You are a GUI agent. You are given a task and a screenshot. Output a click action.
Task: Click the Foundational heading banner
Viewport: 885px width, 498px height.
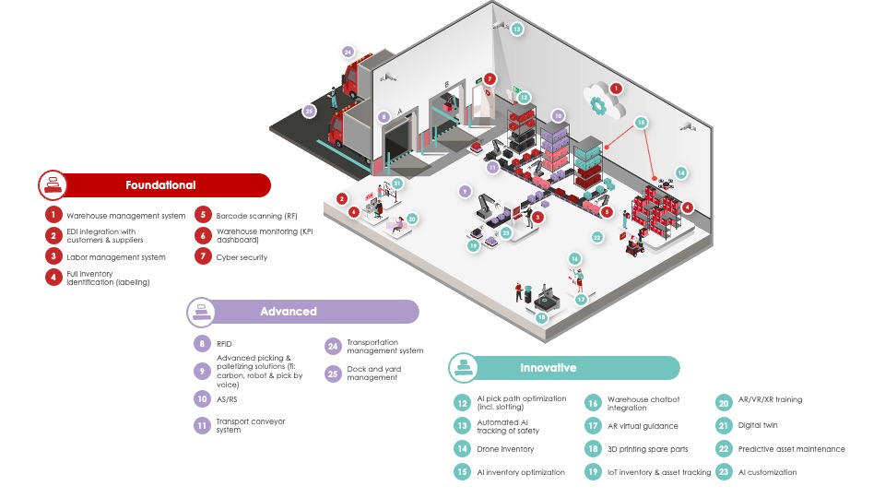coord(161,185)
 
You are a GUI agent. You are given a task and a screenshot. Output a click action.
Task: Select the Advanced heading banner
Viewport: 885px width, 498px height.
coord(288,312)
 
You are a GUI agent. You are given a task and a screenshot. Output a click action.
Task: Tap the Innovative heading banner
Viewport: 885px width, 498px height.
coord(548,368)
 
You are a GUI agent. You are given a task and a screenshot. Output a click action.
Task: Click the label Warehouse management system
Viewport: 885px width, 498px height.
coord(125,216)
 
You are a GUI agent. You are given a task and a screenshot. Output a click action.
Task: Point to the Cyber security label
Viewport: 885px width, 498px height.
coord(242,257)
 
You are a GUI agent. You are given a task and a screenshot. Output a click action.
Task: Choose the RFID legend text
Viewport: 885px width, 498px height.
coord(224,344)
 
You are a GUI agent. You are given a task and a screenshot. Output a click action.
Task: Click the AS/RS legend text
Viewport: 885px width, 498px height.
coord(227,399)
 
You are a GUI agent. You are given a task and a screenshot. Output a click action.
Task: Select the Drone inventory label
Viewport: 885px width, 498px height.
coord(505,449)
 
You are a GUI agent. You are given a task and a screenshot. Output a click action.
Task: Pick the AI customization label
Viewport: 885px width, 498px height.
coord(768,472)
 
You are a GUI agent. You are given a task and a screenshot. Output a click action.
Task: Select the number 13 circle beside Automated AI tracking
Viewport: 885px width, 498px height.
coord(462,426)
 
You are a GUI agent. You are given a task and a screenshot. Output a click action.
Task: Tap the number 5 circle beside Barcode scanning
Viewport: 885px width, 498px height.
coord(203,215)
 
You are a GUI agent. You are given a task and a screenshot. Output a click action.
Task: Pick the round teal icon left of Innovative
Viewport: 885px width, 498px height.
coord(463,368)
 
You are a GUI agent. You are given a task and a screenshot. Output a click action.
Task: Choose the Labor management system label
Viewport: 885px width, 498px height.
coord(115,257)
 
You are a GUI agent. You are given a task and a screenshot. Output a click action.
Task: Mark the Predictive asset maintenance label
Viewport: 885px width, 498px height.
coord(791,449)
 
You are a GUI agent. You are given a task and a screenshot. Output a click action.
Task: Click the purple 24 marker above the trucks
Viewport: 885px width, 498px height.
coord(348,52)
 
